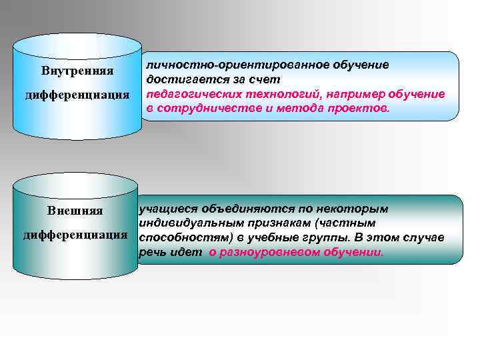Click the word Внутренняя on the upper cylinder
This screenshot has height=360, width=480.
[77, 71]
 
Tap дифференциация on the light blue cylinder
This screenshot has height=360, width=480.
[77, 95]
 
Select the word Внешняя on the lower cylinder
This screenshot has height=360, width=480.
[75, 211]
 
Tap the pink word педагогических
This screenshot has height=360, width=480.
[191, 94]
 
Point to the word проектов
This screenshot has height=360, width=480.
[361, 108]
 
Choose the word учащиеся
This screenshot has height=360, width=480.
[164, 209]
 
